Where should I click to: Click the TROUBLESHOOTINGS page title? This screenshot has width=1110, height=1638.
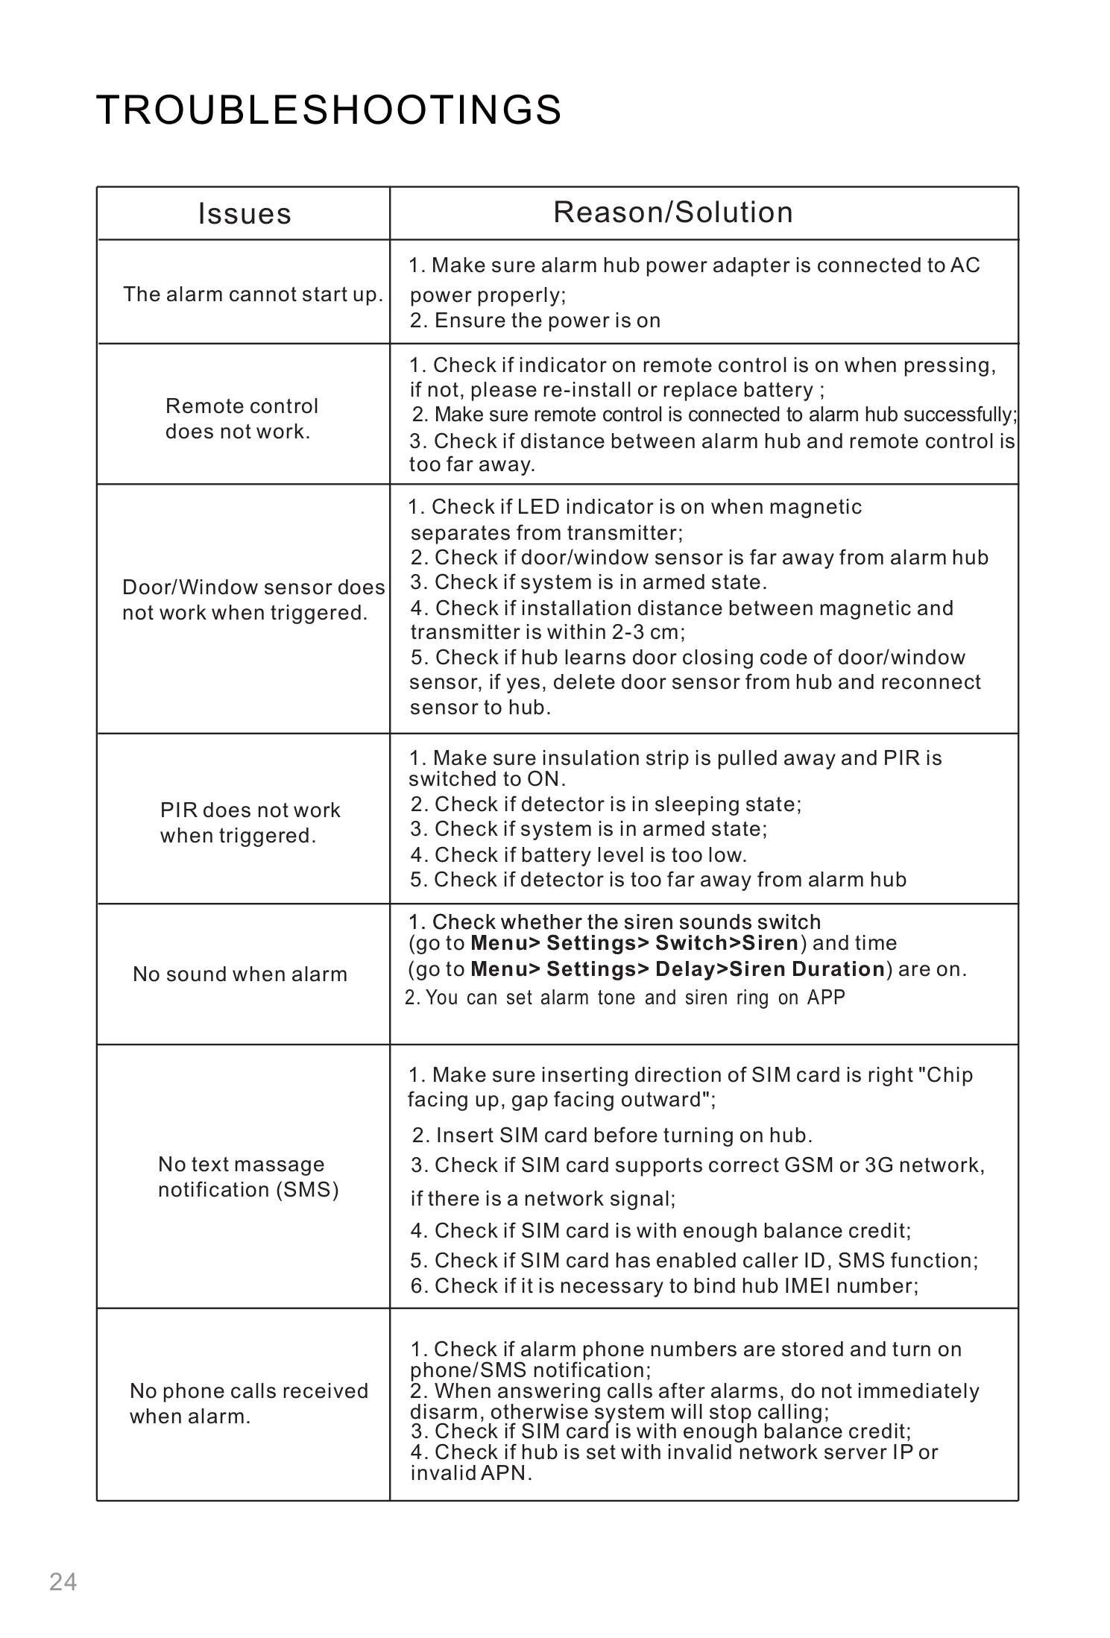(x=329, y=110)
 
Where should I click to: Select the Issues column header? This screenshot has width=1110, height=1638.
(x=245, y=214)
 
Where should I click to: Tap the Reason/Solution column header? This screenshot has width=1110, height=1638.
(x=673, y=212)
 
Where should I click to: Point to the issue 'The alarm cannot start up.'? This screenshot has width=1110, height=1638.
(x=253, y=294)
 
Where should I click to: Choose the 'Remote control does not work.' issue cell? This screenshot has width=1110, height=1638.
(x=242, y=419)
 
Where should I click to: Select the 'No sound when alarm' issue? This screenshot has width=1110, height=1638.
(x=240, y=974)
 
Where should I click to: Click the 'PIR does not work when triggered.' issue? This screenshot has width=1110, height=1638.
(x=250, y=823)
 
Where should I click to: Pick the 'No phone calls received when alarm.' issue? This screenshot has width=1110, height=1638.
(x=249, y=1404)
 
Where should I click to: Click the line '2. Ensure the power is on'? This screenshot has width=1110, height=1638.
(x=535, y=321)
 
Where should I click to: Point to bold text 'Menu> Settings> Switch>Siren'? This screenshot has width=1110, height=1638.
(x=634, y=943)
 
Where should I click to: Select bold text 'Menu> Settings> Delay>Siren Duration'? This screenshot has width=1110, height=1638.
(x=678, y=969)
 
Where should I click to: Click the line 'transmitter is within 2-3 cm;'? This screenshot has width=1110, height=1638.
(x=547, y=632)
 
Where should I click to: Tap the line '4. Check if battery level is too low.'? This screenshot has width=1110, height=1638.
(x=578, y=854)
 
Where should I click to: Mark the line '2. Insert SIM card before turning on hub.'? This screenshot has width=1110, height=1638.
(x=612, y=1135)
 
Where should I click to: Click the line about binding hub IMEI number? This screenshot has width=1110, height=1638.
(x=664, y=1286)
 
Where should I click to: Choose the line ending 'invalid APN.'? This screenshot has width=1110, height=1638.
(x=471, y=1473)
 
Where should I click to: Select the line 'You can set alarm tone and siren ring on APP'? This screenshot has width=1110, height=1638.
(x=625, y=998)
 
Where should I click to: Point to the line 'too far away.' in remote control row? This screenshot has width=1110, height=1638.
(x=472, y=465)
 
